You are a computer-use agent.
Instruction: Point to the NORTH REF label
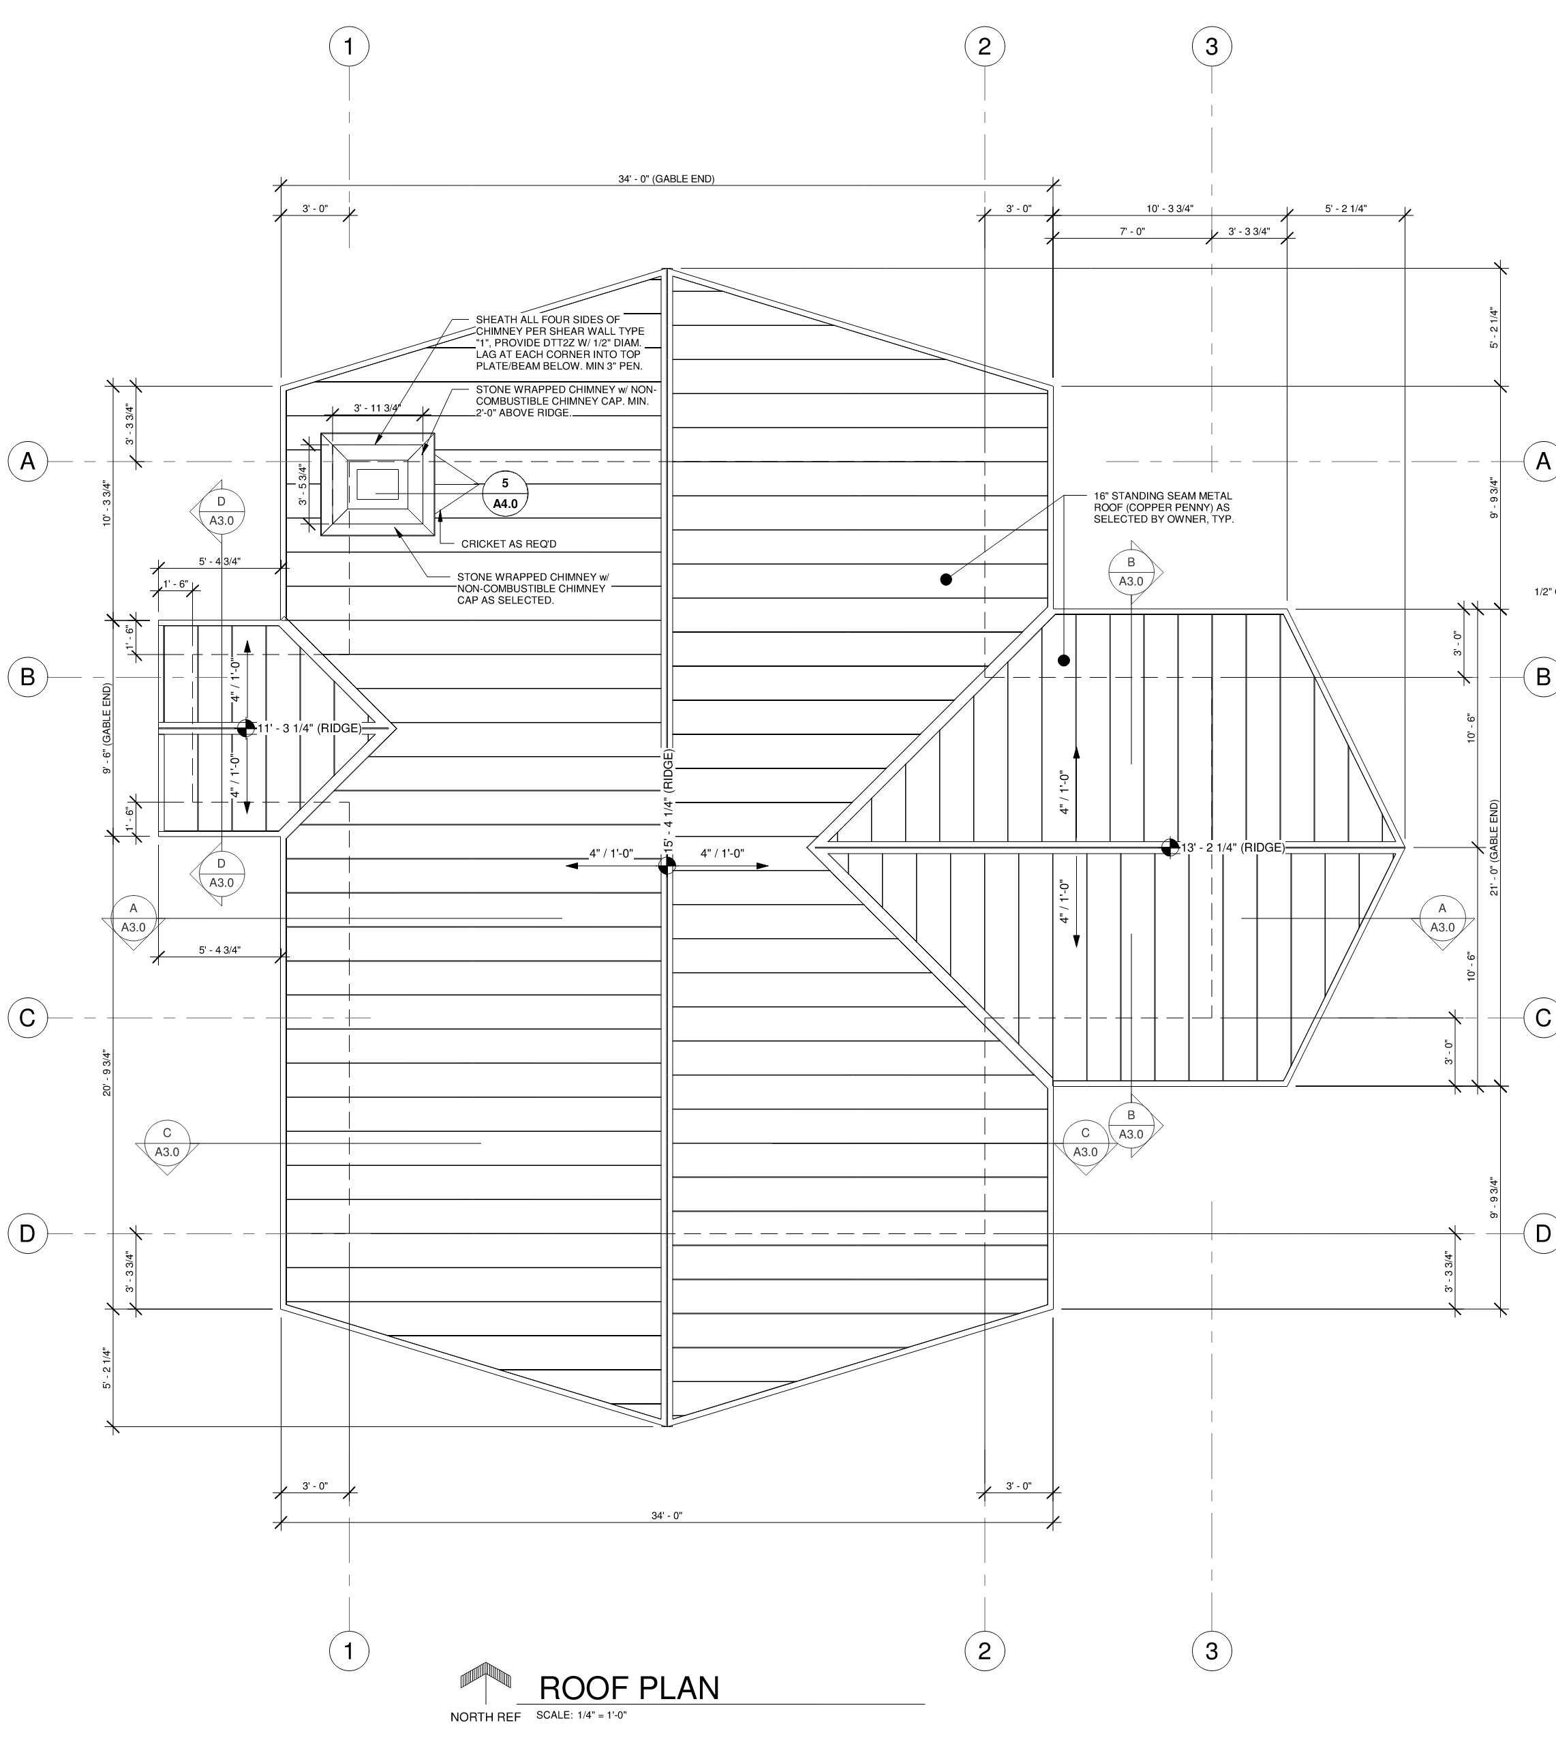pos(485,1717)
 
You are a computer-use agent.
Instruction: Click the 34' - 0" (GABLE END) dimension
pos(666,179)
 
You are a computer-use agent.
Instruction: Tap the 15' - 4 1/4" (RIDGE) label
pos(669,800)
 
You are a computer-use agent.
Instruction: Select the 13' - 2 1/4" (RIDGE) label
pos(1233,847)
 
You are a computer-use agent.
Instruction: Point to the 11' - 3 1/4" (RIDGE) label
pos(309,728)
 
